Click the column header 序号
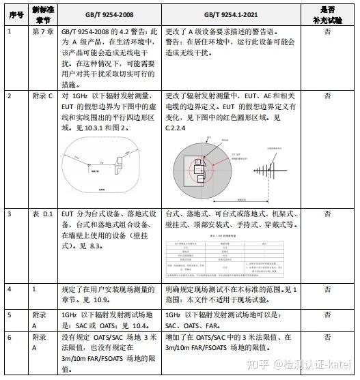[14, 14]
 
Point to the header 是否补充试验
[327, 14]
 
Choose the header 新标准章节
[43, 14]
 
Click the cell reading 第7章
[43, 31]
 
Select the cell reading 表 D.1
[44, 214]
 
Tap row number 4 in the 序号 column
[10, 289]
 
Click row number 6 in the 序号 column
[10, 337]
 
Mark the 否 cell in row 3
[327, 214]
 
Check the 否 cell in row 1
[327, 31]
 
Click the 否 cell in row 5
[327, 315]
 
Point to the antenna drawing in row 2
[269, 171]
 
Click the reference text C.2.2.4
[177, 136]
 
